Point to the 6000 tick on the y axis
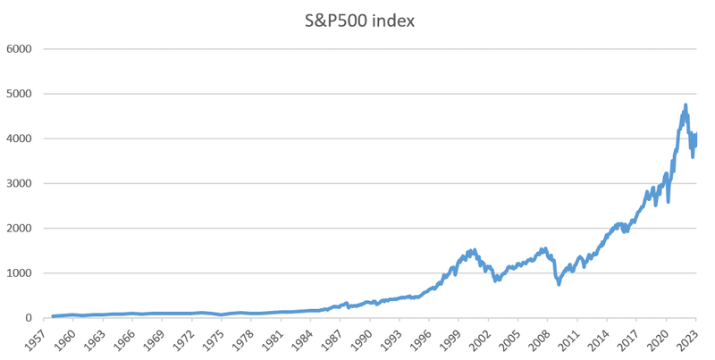coord(19,48)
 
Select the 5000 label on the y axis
coord(19,94)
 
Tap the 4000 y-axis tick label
coord(19,138)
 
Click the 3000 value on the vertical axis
coord(19,183)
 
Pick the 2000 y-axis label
coord(19,229)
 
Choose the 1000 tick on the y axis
coord(19,273)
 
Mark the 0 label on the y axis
coord(29,318)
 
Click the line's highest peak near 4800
coord(685,105)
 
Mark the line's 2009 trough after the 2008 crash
coord(559,284)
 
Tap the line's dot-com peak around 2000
coord(474,250)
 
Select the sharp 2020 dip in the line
coord(669,202)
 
